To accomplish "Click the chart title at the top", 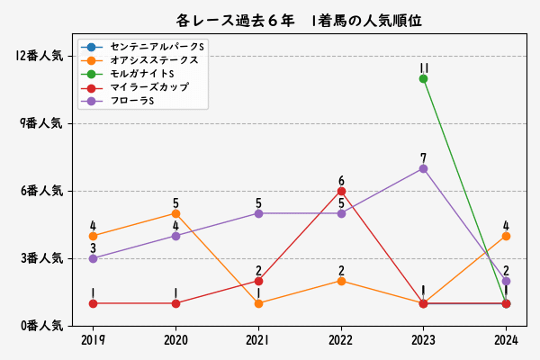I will (300, 20).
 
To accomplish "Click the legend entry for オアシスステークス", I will (154, 59).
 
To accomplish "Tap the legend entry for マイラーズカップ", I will (149, 86).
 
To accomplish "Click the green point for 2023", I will (423, 78).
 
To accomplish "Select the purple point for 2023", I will (423, 168).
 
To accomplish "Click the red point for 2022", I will (341, 191).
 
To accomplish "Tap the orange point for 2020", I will (175, 213).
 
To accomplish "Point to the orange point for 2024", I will (506, 236).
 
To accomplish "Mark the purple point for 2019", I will (93, 258).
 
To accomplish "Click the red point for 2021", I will (258, 281).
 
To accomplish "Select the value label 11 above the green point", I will (423, 67).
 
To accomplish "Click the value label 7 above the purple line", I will (423, 157).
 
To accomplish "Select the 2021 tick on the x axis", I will (258, 340).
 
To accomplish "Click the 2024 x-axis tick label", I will (506, 340).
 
